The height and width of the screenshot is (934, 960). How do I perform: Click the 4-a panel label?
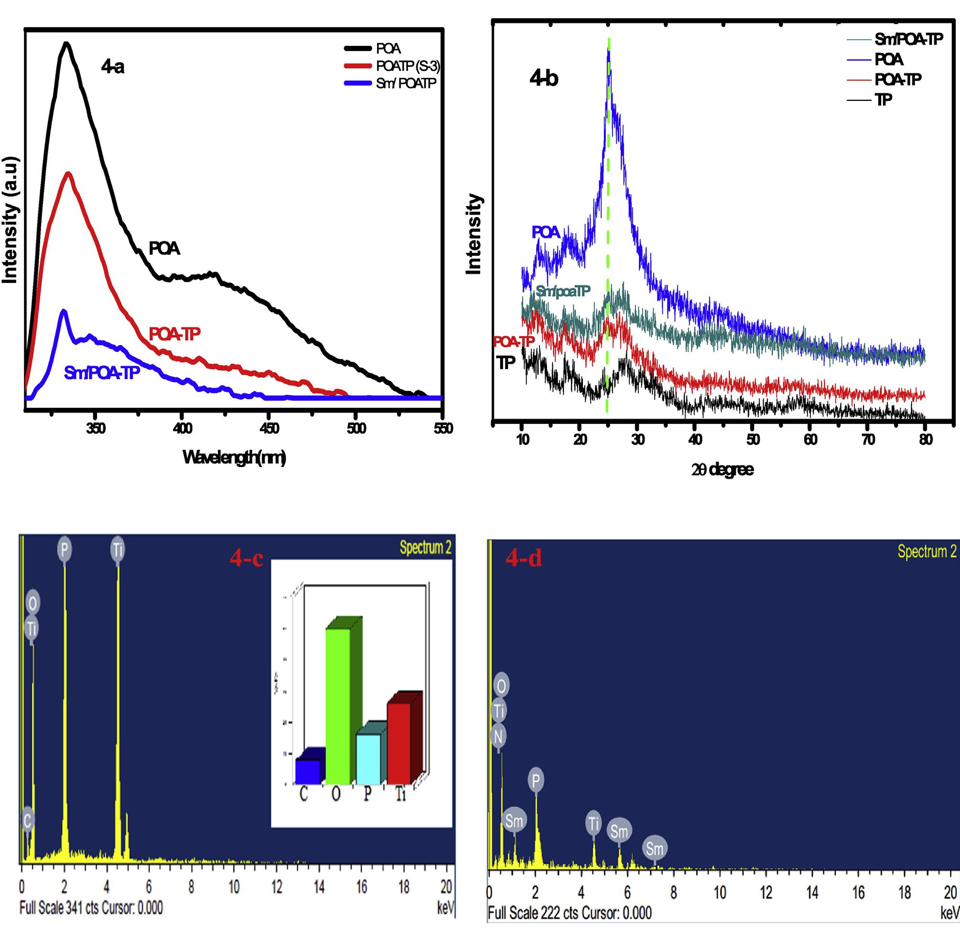click(x=112, y=67)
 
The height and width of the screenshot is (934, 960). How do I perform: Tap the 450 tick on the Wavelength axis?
click(x=269, y=428)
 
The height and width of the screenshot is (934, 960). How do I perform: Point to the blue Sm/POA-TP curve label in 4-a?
click(x=102, y=373)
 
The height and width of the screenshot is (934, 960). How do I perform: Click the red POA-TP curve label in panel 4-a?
click(x=174, y=334)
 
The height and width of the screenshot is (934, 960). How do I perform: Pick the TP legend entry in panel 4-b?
click(x=884, y=99)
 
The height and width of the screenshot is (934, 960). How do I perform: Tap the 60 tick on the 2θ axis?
click(x=810, y=439)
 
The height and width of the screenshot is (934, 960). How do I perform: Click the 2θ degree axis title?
click(x=722, y=469)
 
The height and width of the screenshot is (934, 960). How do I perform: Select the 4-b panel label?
click(x=544, y=78)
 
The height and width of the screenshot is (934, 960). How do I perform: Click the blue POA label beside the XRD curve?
click(x=546, y=232)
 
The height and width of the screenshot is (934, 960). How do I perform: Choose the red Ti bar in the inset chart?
click(x=399, y=743)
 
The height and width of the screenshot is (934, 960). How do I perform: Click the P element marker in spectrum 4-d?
click(x=535, y=780)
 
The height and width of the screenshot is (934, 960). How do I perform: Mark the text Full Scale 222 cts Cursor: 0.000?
click(x=570, y=913)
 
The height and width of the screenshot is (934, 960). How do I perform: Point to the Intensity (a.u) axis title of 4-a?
click(x=10, y=220)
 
